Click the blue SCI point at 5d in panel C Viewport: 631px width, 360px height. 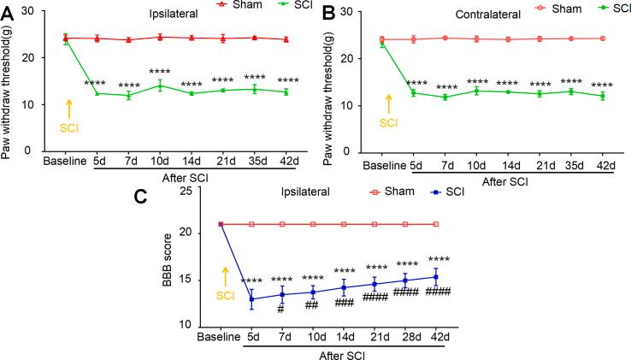pyautogui.click(x=251, y=298)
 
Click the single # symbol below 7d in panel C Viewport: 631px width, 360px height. pyautogui.click(x=280, y=310)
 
